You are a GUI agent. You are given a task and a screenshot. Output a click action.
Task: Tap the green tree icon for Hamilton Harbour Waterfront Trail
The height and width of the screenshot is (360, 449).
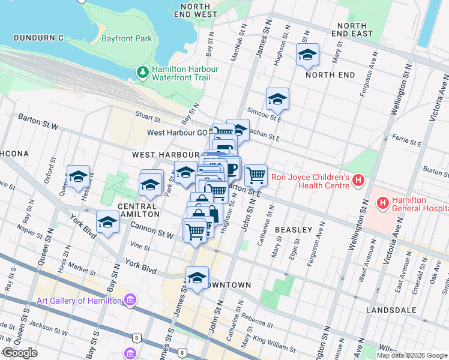click(x=142, y=73)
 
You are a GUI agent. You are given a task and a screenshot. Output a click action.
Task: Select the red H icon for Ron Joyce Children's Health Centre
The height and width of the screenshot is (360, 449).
click(x=358, y=180)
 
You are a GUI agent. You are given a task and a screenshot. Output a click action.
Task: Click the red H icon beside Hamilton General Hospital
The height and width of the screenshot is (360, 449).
click(x=382, y=203)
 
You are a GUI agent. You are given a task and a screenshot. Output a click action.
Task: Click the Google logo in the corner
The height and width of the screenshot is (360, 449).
click(x=20, y=353)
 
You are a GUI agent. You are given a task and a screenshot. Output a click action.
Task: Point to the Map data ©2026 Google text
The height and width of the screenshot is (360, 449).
click(x=412, y=355)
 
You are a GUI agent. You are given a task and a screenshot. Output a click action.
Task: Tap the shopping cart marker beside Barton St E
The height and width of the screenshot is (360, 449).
click(x=256, y=175)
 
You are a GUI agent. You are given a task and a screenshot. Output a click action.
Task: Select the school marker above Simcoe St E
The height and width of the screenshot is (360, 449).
click(x=277, y=99)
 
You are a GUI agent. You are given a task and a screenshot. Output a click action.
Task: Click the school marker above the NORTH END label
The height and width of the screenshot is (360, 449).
click(x=307, y=55)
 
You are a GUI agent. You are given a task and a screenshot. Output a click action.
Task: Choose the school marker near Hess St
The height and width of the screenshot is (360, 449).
click(x=78, y=176)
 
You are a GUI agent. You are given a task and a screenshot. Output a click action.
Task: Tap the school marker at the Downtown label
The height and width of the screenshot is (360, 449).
click(x=196, y=278)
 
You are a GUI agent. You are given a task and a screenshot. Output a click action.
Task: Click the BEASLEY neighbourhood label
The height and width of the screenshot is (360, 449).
click(x=294, y=230)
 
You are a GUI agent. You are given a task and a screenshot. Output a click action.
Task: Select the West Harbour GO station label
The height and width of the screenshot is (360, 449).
click(x=177, y=133)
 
